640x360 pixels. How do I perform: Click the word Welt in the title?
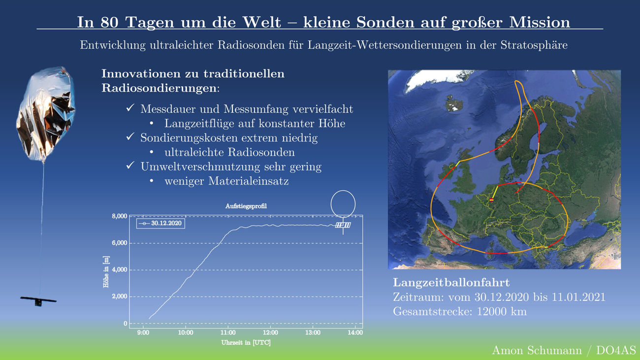tap(262, 22)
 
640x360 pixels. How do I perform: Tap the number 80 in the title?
tap(109, 22)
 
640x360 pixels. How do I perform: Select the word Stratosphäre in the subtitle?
tap(534, 45)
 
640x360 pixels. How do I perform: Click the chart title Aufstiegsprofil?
tap(246, 206)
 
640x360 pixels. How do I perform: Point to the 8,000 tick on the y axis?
tap(120, 216)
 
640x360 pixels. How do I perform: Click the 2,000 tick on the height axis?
tap(120, 296)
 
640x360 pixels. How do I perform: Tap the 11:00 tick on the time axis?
tap(228, 332)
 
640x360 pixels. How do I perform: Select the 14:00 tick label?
tap(355, 332)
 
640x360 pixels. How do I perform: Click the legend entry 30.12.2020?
tap(160, 223)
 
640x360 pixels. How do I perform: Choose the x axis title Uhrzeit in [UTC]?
tap(246, 343)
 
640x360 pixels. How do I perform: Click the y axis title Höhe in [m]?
tap(106, 272)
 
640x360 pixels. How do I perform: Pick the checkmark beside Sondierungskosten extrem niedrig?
tap(130, 137)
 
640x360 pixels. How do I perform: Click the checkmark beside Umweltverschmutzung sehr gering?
tap(130, 165)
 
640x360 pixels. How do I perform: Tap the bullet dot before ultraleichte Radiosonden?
tap(152, 152)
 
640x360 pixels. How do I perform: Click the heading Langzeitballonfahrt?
tap(451, 283)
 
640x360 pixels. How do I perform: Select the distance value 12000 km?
tap(502, 311)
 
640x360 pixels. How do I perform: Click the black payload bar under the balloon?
tap(38, 300)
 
